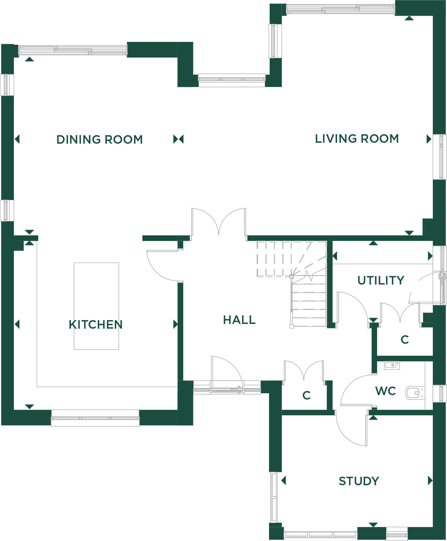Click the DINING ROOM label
[100, 139]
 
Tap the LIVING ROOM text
[357, 139]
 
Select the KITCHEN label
[96, 324]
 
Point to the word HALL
[239, 320]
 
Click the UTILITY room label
[381, 280]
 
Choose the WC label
[386, 391]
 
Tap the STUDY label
[359, 481]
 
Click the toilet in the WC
[415, 393]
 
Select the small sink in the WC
[392, 365]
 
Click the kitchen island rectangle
[96, 306]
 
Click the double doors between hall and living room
[219, 222]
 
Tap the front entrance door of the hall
[227, 373]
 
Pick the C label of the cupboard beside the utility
[405, 339]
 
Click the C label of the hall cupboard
[307, 395]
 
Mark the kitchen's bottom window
[95, 418]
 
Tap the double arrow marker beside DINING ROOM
[178, 139]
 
